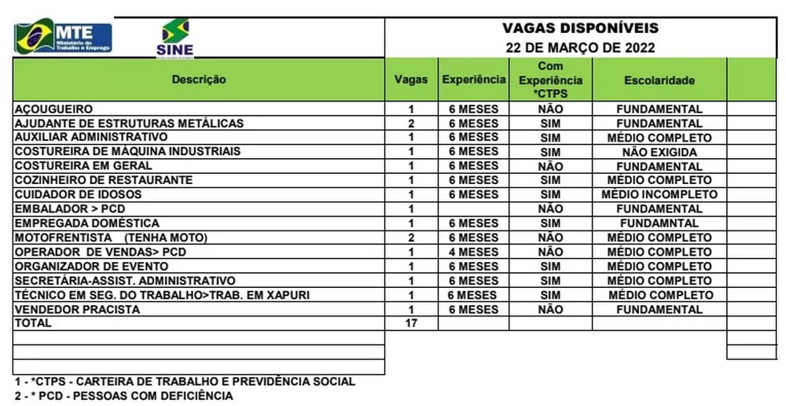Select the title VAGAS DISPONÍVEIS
pos(580,28)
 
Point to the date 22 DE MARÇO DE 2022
pos(580,47)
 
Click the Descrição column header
pos(199,79)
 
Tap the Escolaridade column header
pos(659,80)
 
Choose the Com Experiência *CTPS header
pos(550,80)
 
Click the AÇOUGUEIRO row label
pos(54,109)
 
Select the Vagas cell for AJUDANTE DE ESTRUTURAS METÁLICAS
pos(411,124)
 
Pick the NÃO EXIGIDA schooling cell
pos(659,151)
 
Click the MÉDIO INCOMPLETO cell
pos(659,194)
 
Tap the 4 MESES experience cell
pos(473,252)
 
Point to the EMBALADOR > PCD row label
pos(64,209)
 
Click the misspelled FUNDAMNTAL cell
pos(659,223)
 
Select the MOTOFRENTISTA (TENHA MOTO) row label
pos(110,238)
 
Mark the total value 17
pos(411,323)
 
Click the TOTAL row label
pos(33,323)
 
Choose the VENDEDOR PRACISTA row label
pos(77,309)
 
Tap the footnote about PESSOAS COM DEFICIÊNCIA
pos(123,396)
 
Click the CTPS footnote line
pos(185,382)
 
